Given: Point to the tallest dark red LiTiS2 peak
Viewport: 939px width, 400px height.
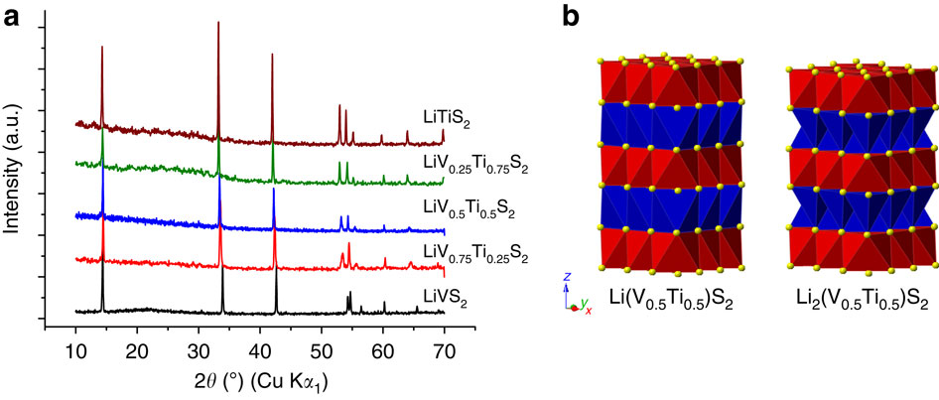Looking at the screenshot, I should pyautogui.click(x=218, y=24).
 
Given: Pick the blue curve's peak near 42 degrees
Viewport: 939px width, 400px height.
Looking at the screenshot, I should pyautogui.click(x=273, y=191).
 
